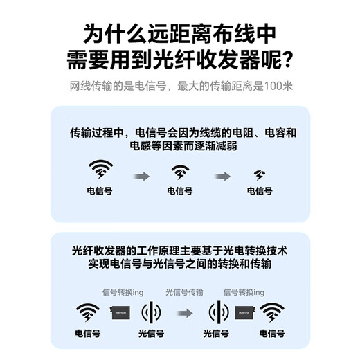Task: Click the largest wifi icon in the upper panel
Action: [100, 170]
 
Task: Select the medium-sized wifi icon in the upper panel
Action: [180, 172]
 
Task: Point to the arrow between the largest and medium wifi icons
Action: [141, 177]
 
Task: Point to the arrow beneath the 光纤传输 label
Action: [183, 313]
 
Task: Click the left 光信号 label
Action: [152, 334]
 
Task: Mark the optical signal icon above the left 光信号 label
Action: [152, 313]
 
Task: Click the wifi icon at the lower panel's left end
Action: [88, 312]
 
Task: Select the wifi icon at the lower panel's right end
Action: [273, 312]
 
